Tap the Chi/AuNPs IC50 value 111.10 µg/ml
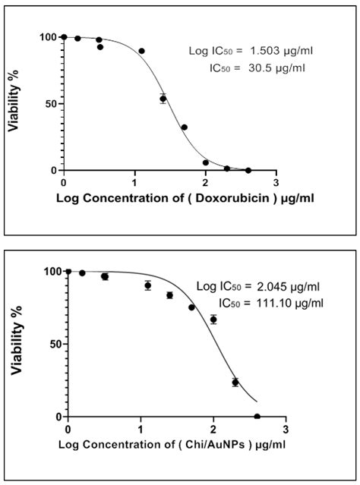(x=270, y=304)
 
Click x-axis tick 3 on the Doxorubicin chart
(x=276, y=183)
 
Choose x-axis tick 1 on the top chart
(x=134, y=183)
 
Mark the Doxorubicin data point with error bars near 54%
(x=163, y=99)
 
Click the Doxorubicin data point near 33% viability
(x=184, y=128)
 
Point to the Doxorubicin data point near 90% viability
(x=141, y=51)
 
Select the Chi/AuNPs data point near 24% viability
(x=235, y=382)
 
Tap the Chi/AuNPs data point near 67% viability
(x=213, y=320)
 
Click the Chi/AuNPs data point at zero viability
(x=257, y=417)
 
